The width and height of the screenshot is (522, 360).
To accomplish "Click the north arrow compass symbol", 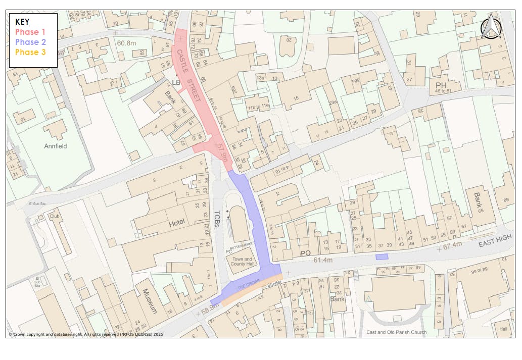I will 490,27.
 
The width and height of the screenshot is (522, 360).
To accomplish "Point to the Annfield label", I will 56,146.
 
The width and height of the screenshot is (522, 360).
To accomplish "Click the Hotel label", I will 177,223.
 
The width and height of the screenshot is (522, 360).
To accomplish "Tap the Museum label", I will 150,301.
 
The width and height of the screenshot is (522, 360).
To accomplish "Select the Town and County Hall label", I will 242,262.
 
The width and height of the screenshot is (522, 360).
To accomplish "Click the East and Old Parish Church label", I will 396,332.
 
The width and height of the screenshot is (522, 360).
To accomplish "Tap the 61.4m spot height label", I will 323,260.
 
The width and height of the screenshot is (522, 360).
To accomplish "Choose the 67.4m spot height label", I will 452,245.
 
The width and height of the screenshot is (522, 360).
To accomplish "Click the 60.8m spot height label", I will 127,43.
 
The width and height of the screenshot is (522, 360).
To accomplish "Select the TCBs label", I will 218,219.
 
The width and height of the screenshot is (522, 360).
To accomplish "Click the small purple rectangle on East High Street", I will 382,257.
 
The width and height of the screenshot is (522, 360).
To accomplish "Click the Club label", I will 55,216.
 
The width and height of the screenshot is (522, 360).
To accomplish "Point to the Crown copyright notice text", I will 86,334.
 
